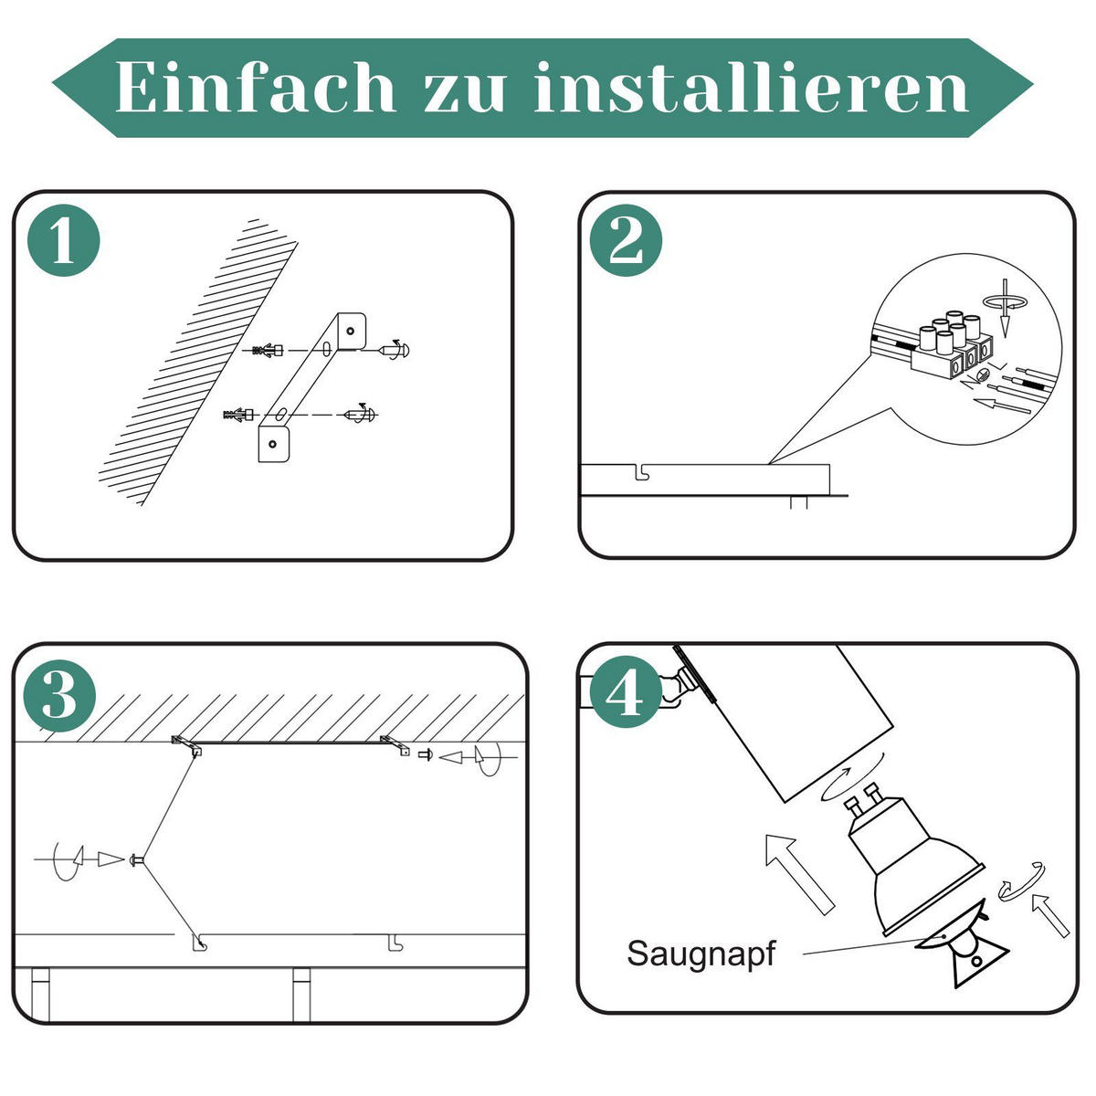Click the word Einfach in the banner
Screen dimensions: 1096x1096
256,89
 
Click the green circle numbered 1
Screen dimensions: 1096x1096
63,241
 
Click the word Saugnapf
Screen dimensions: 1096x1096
701,954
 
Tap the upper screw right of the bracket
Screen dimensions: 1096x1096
396,350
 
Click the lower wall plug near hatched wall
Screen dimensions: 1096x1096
239,416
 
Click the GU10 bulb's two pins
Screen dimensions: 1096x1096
866,804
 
